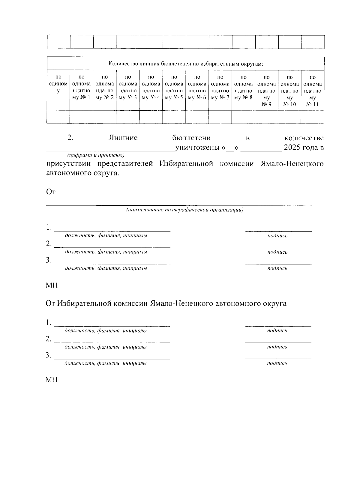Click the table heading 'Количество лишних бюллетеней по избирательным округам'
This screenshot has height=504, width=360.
tap(186, 64)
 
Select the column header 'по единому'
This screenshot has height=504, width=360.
tap(58, 84)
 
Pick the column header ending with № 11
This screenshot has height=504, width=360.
tap(312, 91)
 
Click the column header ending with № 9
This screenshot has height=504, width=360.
tap(266, 91)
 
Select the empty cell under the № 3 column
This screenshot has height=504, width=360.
tap(128, 117)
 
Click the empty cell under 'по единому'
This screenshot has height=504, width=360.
tap(58, 117)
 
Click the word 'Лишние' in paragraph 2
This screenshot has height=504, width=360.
tap(123, 138)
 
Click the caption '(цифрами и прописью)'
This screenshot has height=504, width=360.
tap(96, 155)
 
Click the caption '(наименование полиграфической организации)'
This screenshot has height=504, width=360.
tap(184, 210)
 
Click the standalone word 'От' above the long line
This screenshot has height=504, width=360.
tap(51, 192)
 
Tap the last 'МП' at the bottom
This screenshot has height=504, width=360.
tap(51, 380)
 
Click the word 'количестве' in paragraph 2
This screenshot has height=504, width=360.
tap(304, 138)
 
